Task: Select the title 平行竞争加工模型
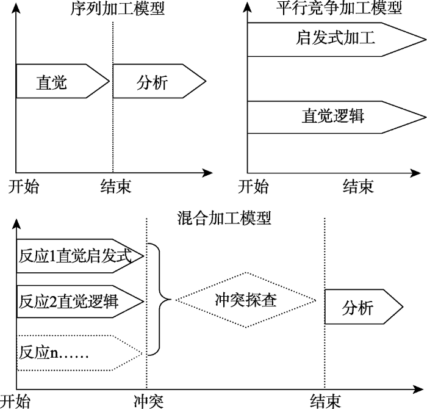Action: point(339,8)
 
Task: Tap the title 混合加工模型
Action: point(223,217)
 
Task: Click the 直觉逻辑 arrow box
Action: point(332,115)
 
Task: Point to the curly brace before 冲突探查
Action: point(162,299)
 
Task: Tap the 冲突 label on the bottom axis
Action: point(148,401)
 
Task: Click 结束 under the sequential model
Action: point(115,186)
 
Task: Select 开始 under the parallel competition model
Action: point(253,186)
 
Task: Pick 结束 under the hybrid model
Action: point(325,401)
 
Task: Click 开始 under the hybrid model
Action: point(15,401)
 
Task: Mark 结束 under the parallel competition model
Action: point(358,186)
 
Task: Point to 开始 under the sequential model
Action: point(23,186)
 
